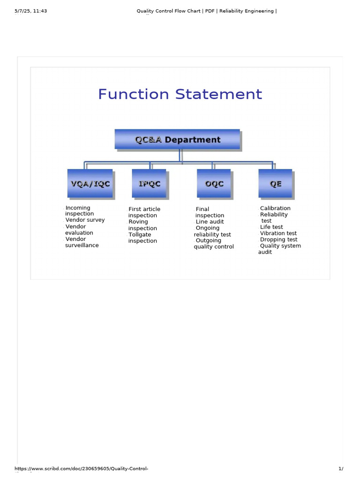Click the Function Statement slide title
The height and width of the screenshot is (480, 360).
(x=180, y=94)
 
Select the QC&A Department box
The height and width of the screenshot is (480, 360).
(x=177, y=140)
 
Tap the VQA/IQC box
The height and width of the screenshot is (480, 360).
(x=90, y=183)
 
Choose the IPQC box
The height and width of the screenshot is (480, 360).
(x=149, y=183)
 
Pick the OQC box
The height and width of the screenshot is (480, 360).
(x=214, y=183)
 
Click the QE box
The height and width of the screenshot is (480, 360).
(x=275, y=183)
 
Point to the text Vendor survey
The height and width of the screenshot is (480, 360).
(x=85, y=220)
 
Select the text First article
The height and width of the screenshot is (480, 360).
(x=144, y=209)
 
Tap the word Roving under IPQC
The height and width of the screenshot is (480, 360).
(x=138, y=222)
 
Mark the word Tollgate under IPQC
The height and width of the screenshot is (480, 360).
(x=140, y=234)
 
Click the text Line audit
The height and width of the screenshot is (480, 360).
(x=210, y=222)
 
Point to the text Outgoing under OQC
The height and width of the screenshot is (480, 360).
(x=208, y=240)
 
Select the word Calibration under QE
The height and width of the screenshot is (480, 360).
(x=275, y=208)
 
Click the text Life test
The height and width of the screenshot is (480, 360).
(x=271, y=227)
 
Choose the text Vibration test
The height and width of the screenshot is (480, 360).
(x=278, y=233)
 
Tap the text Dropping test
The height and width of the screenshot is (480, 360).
(x=278, y=240)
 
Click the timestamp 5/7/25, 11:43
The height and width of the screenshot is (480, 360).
(x=30, y=11)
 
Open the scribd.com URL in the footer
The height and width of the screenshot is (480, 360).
(x=82, y=469)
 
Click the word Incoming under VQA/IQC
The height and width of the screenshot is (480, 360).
(x=78, y=208)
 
